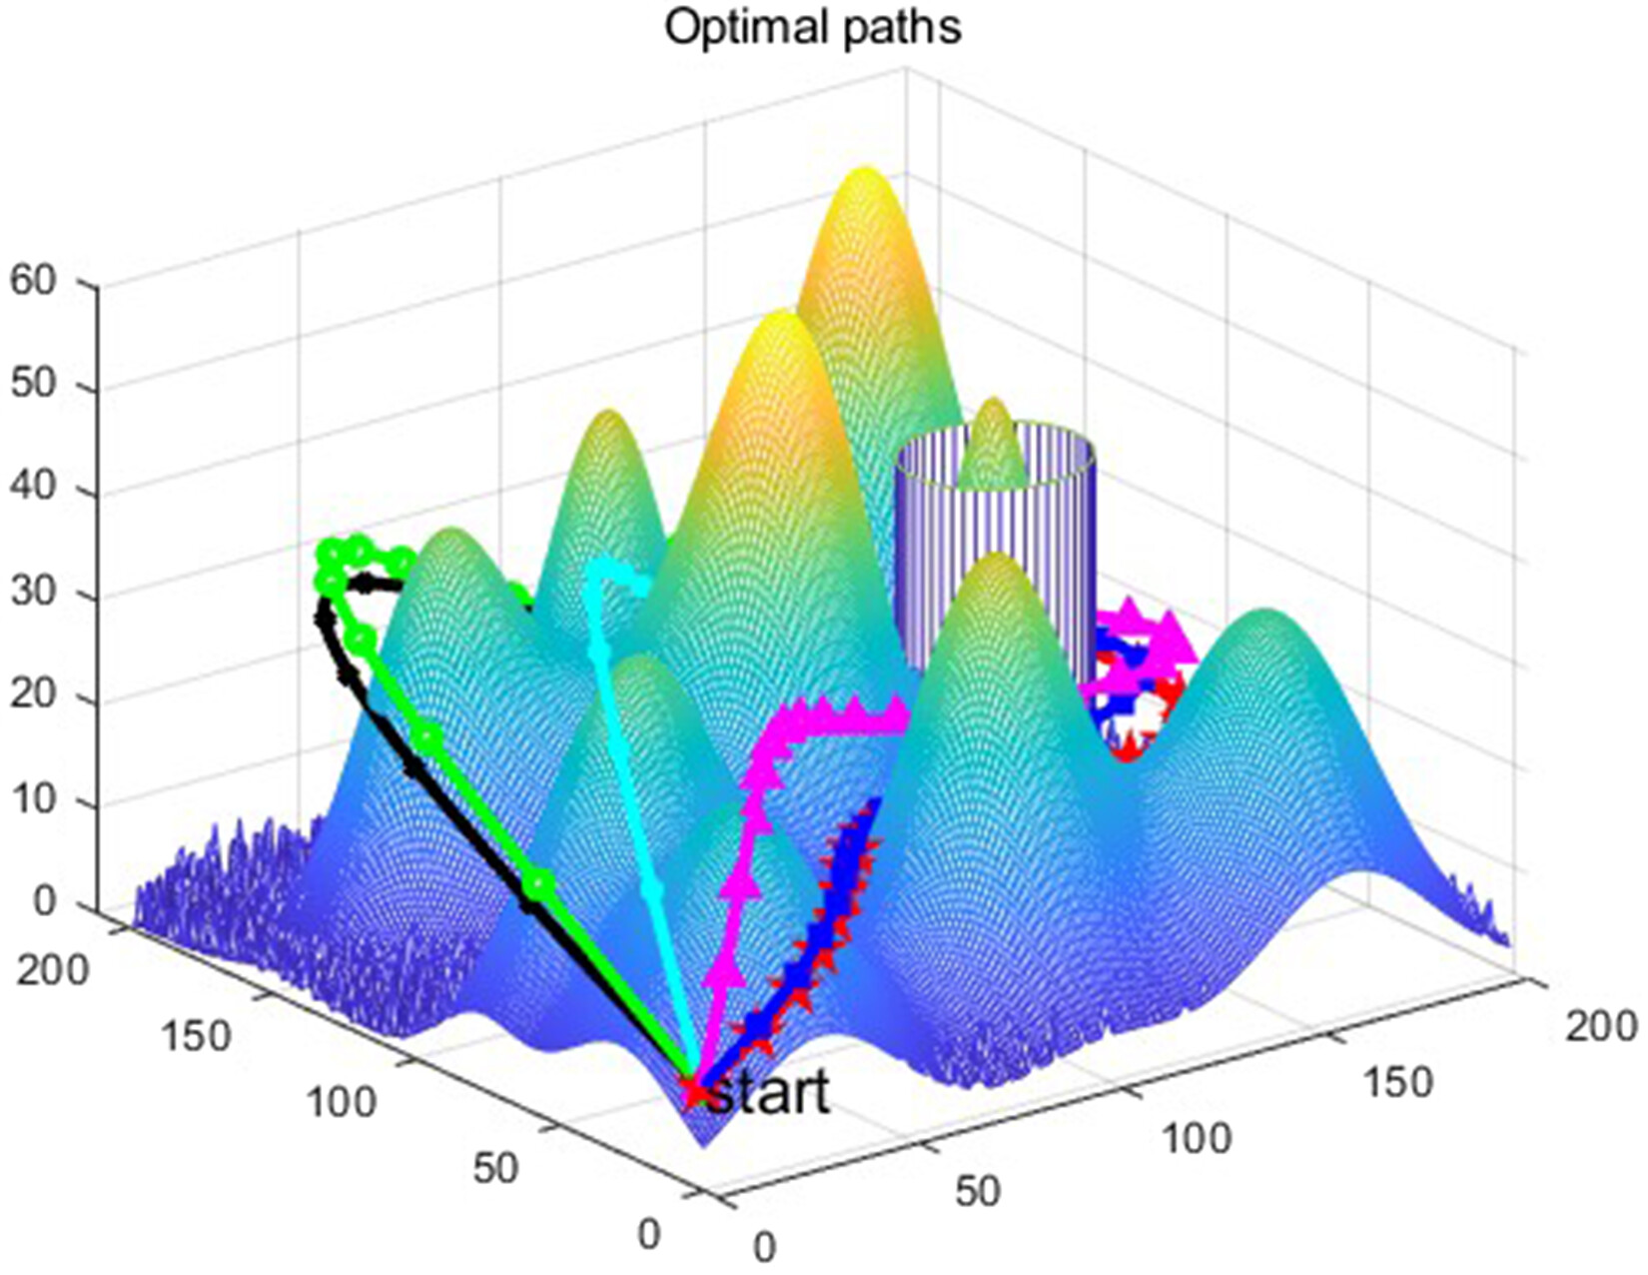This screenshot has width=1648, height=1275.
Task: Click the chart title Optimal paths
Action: pyautogui.click(x=812, y=27)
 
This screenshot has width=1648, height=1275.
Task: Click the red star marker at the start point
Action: pyautogui.click(x=692, y=1090)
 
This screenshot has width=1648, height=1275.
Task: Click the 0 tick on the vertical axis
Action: pyautogui.click(x=45, y=902)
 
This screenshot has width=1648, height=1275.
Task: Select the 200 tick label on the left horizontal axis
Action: pyautogui.click(x=52, y=971)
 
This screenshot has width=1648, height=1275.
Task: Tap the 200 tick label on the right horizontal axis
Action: pyautogui.click(x=1600, y=1025)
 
